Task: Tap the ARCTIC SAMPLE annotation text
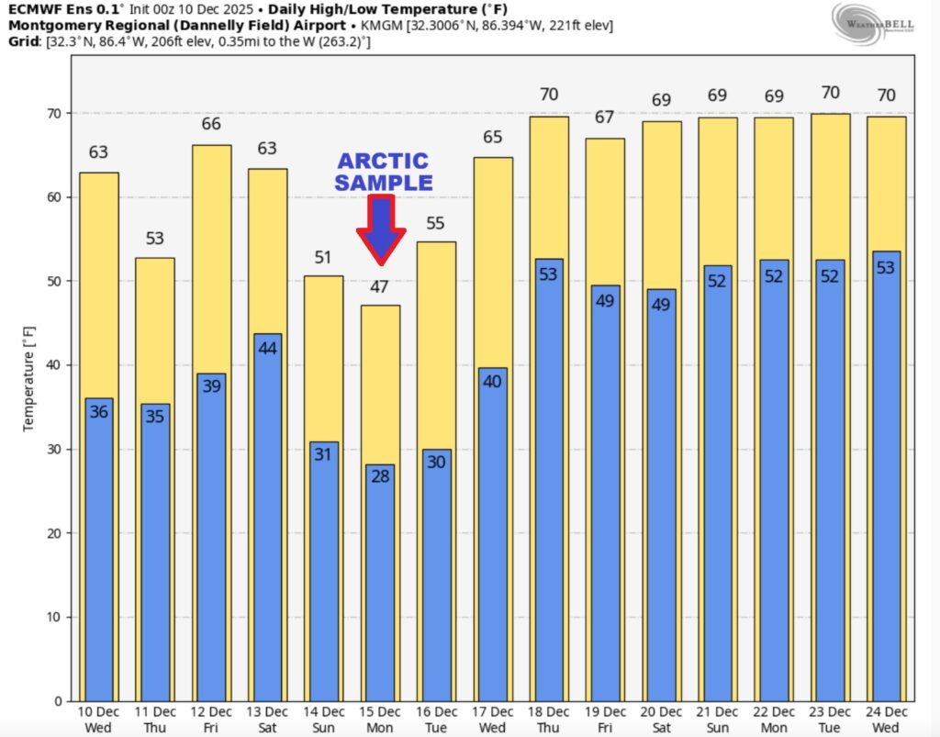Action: click(x=383, y=172)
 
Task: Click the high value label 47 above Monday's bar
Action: click(x=379, y=286)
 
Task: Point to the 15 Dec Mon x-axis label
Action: click(x=379, y=719)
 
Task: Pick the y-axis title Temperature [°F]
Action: click(x=28, y=379)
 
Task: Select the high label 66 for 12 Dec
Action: click(x=211, y=124)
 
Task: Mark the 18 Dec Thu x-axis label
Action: click(x=547, y=719)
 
